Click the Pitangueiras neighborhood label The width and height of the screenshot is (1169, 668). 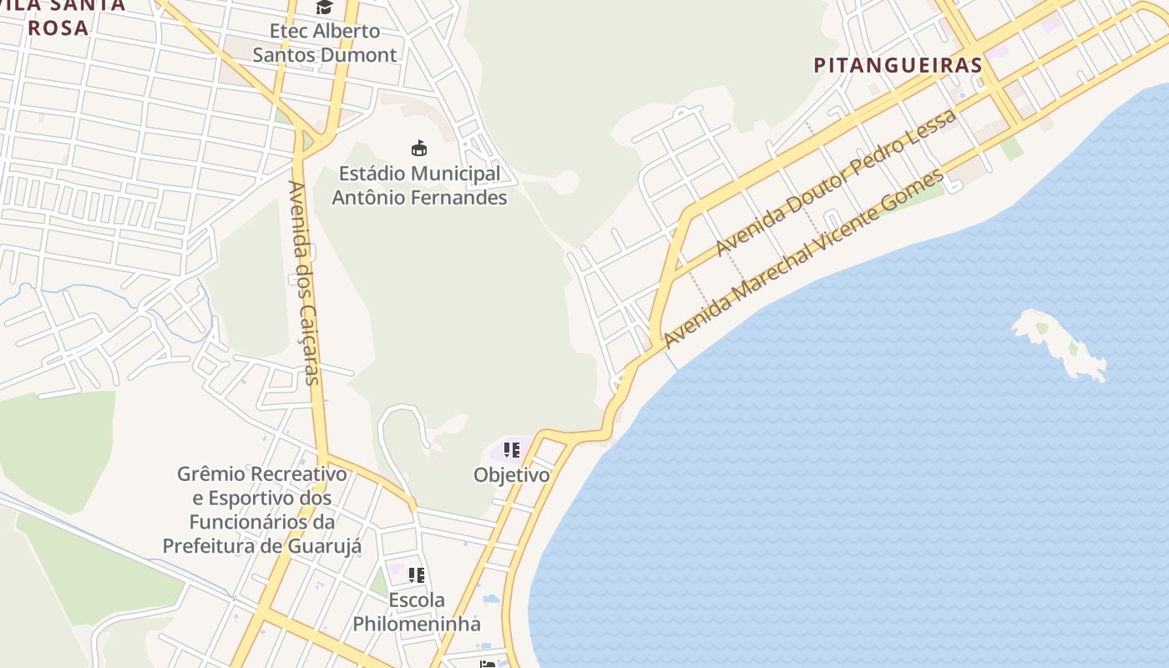898,65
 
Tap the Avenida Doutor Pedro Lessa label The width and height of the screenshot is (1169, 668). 836,183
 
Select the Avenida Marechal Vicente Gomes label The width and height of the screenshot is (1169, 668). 804,258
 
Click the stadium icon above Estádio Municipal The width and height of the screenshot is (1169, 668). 419,149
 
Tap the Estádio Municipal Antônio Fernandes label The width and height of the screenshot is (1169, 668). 419,185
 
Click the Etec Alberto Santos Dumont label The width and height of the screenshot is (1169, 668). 324,43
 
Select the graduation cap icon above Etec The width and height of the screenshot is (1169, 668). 324,8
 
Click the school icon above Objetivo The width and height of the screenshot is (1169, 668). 512,451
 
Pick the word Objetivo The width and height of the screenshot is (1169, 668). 512,475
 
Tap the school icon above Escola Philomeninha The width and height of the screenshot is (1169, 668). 416,575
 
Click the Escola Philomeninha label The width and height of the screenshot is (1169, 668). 416,612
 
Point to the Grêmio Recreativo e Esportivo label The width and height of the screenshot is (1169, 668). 262,509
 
